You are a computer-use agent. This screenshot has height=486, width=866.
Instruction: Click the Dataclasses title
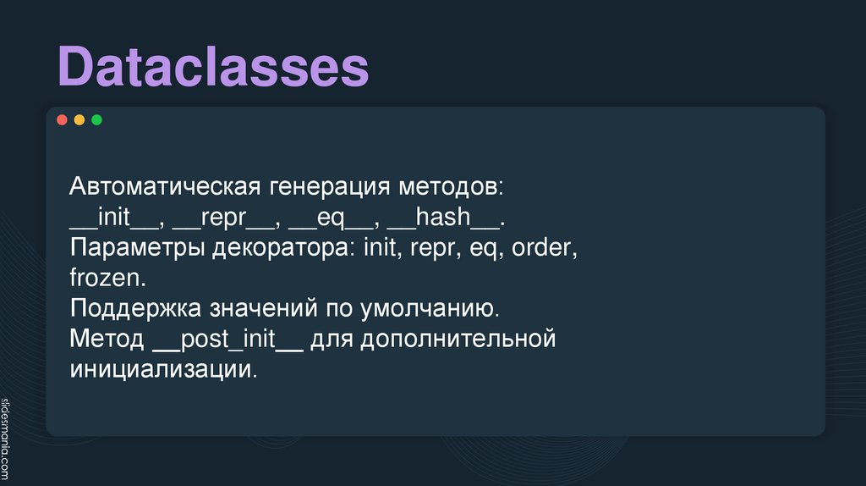[x=213, y=68]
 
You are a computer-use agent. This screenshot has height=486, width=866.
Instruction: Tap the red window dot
[x=62, y=120]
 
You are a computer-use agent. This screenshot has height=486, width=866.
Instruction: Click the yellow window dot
[x=79, y=120]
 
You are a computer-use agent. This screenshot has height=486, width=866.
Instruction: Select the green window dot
[x=96, y=120]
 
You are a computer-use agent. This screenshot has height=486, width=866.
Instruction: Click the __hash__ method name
[x=444, y=218]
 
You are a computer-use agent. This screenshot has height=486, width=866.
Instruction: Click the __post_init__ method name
[x=228, y=340]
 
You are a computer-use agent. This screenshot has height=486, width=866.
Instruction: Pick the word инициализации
[x=162, y=370]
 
